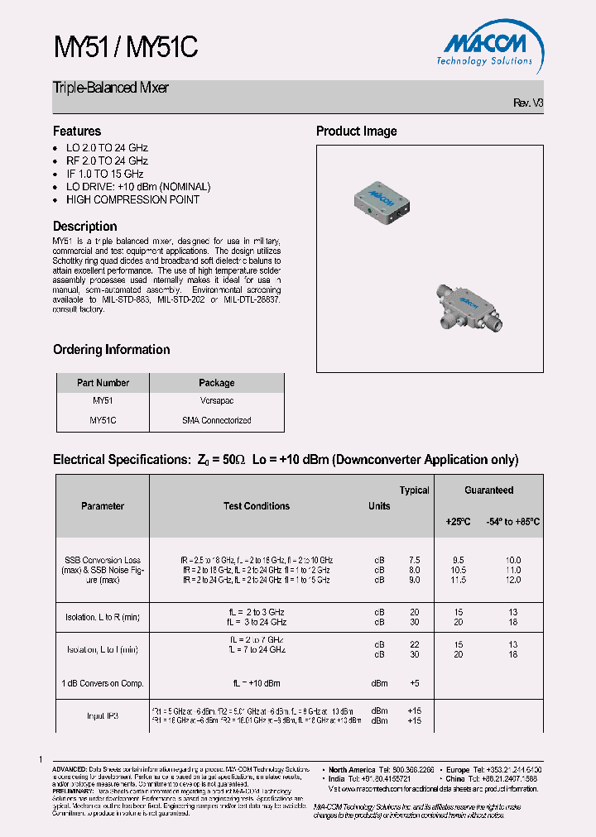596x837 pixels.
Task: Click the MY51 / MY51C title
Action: (x=125, y=48)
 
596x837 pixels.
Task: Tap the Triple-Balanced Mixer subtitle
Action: (x=111, y=88)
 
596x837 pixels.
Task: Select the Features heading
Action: (x=77, y=131)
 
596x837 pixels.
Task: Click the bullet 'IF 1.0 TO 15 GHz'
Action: (x=104, y=174)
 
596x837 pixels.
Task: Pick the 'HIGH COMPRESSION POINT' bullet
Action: (x=132, y=199)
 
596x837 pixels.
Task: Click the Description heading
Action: (x=85, y=226)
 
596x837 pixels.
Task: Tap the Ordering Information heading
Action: (x=111, y=349)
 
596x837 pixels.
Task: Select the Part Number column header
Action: (x=103, y=383)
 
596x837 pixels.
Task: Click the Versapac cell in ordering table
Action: (x=216, y=401)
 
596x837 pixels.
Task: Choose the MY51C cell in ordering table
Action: (x=103, y=420)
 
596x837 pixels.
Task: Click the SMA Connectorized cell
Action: (x=216, y=420)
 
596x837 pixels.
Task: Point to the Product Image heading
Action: (x=356, y=131)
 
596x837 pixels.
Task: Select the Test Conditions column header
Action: (x=257, y=506)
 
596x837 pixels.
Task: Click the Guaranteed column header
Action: (x=488, y=490)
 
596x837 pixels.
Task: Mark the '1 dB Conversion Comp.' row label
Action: (x=103, y=683)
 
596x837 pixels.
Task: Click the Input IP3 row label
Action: (x=103, y=715)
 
